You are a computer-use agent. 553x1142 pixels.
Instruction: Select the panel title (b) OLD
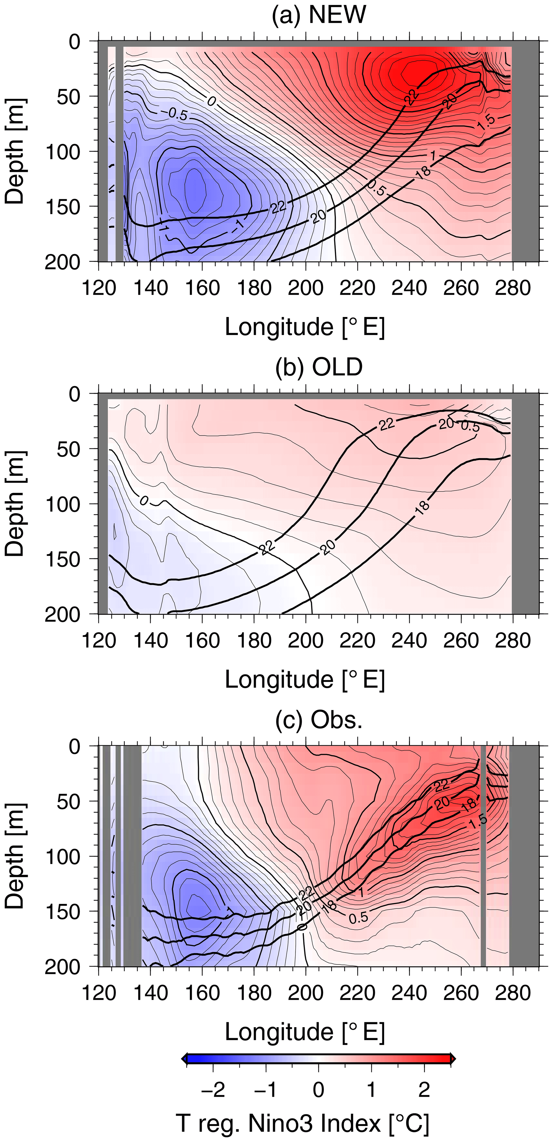click(319, 367)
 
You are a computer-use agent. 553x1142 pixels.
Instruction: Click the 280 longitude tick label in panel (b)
click(513, 640)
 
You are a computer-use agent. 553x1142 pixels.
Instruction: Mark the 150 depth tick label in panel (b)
click(63, 559)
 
